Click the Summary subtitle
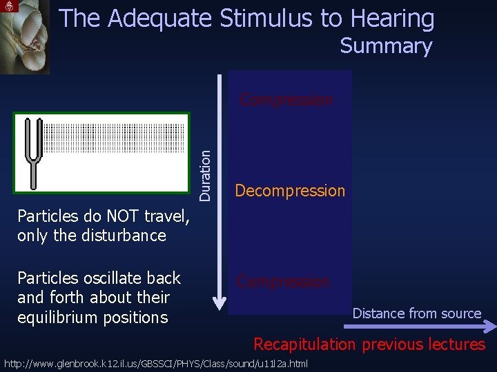(386, 46)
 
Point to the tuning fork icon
(33, 152)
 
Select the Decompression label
(290, 191)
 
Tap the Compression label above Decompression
(286, 100)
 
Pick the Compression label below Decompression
(283, 281)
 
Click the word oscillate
(114, 278)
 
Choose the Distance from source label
(416, 313)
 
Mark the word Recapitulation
(304, 344)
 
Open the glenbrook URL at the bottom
(156, 363)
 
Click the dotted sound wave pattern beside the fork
(115, 138)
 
